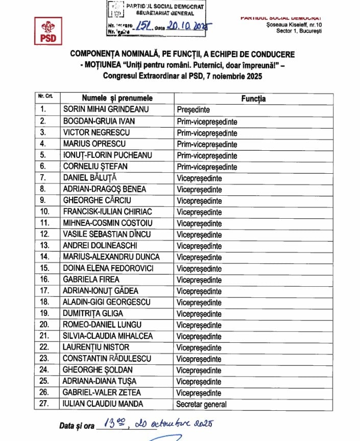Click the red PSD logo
tap(48, 31)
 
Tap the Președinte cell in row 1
tap(194, 109)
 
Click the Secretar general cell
tap(202, 404)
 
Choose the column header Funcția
tap(253, 98)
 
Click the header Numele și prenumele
tap(117, 98)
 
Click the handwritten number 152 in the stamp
tap(140, 26)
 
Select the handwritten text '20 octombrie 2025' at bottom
tap(174, 424)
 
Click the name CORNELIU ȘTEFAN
tap(95, 167)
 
